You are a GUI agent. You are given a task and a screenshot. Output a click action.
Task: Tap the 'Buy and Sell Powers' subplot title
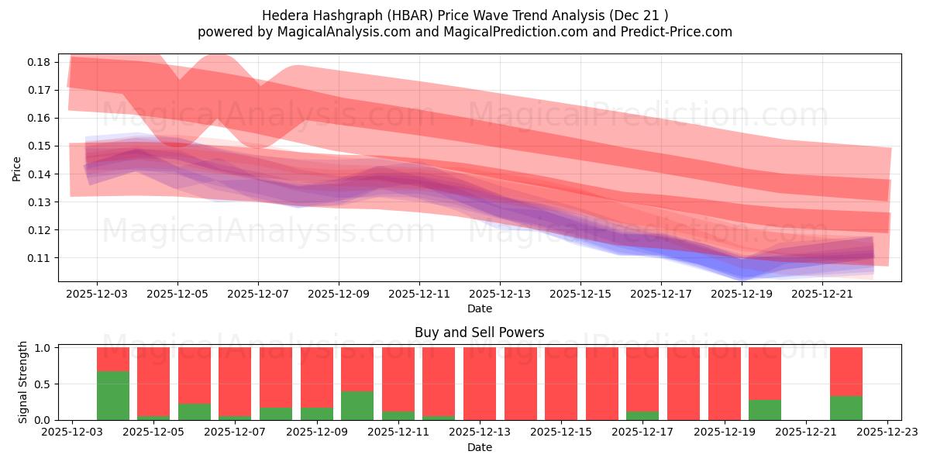tap(479, 332)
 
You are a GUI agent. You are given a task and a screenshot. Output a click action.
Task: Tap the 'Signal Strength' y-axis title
tap(23, 382)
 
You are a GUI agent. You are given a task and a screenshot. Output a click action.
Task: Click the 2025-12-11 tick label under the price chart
tap(418, 294)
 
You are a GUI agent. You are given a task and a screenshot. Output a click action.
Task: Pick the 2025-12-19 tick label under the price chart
tap(742, 294)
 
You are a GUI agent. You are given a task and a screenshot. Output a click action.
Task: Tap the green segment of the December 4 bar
tap(113, 395)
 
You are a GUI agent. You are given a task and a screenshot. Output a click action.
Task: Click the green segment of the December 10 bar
tap(357, 405)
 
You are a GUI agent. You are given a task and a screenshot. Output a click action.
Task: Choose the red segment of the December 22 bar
tap(846, 371)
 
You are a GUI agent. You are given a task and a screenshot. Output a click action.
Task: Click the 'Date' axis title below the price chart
tap(479, 308)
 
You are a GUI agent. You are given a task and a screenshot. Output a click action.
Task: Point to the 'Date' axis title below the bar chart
tap(479, 447)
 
